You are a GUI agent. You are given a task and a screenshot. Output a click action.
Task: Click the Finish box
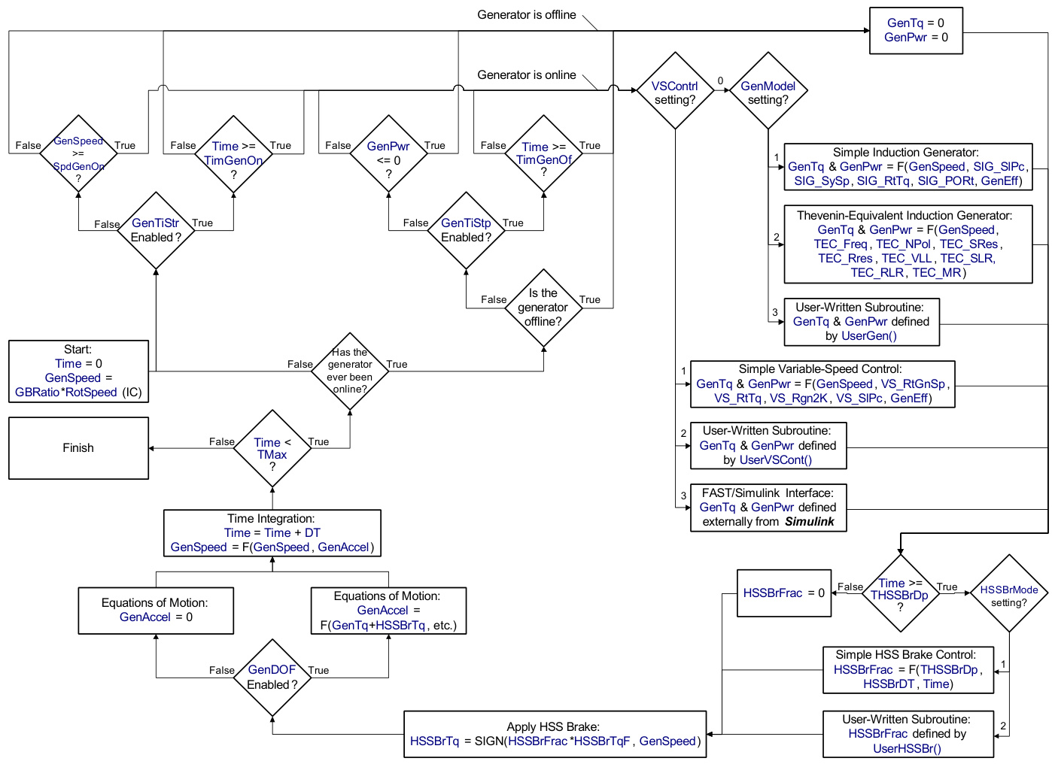[78, 448]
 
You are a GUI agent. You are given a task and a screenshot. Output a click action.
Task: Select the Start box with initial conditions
[78, 371]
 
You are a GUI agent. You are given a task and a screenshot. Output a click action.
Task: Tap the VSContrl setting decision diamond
[675, 91]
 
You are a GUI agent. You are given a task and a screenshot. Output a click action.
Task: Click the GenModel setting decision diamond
[768, 91]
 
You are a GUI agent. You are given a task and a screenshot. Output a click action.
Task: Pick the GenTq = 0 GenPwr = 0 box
[916, 31]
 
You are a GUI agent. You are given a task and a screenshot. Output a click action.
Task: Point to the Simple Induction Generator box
[908, 166]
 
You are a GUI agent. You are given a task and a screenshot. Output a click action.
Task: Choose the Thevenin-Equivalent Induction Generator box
[908, 244]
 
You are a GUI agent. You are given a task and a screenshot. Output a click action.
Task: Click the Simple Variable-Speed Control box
[822, 383]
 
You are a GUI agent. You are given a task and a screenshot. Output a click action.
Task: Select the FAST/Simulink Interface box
[768, 508]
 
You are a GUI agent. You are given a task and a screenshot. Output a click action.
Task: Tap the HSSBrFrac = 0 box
[783, 593]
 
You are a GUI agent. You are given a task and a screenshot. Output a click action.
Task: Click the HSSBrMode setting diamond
[1009, 593]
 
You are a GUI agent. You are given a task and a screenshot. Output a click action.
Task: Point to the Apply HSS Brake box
[555, 734]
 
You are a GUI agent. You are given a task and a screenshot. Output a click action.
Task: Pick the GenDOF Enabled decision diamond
[272, 678]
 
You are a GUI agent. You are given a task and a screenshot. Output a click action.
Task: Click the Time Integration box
[272, 533]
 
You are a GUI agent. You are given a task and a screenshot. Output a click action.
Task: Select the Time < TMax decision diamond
[272, 449]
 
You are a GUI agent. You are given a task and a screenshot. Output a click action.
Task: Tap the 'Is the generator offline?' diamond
[543, 308]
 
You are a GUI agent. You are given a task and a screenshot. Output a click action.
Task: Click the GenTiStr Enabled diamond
[156, 230]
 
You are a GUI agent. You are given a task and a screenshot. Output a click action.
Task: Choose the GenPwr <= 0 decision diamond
[388, 153]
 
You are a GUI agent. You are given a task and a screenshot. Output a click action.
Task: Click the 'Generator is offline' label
[526, 15]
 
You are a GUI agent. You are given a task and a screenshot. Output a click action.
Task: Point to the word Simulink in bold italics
[810, 522]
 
